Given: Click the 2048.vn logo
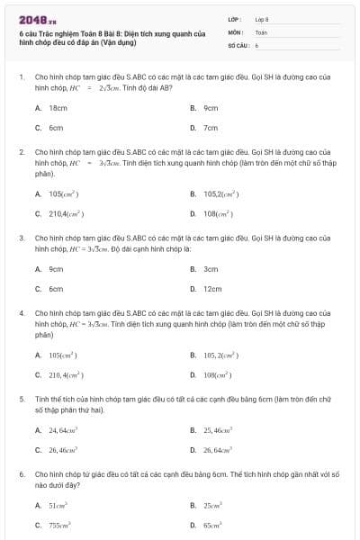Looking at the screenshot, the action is (31, 20).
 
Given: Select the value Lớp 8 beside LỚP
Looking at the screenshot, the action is (262, 19).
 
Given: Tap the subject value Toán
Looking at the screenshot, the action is (261, 31).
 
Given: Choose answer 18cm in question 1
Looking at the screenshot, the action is (58, 107).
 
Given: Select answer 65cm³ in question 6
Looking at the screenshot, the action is (214, 525).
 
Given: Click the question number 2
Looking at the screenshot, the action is (22, 151).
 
